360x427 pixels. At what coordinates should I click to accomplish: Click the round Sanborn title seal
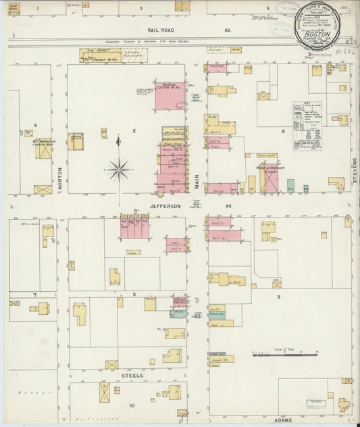326,27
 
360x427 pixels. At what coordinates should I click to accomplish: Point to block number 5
134,130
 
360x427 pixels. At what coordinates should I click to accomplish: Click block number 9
278,295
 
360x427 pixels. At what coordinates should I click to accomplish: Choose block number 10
132,405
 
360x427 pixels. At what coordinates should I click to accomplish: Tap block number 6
35,125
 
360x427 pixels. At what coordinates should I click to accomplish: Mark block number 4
283,131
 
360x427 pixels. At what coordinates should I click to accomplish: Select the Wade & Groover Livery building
268,177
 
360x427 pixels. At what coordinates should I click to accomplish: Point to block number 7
34,295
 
